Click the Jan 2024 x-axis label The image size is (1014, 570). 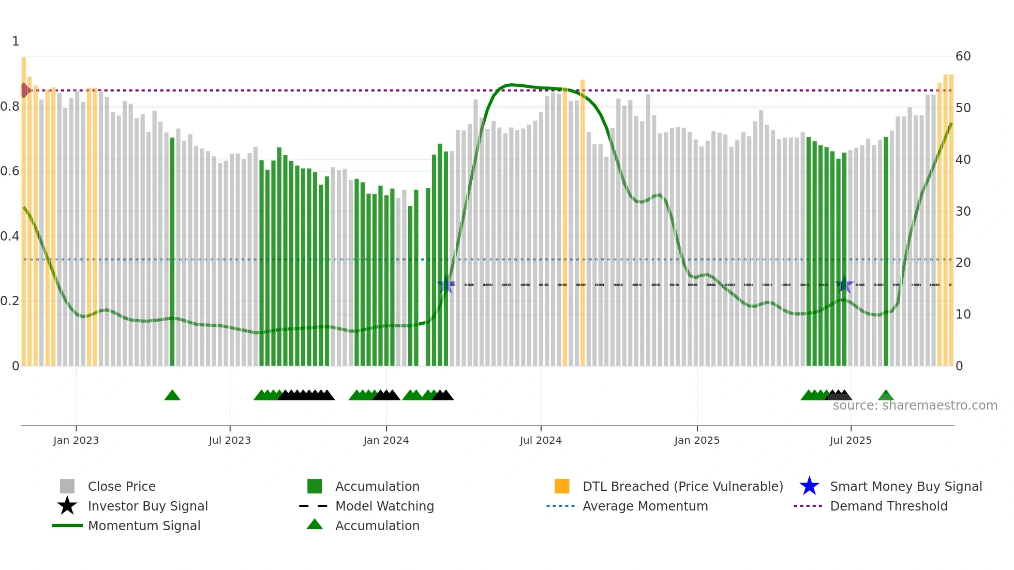click(386, 440)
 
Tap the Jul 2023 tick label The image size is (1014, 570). click(230, 440)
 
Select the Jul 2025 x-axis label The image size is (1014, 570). click(851, 440)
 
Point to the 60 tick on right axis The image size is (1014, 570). click(963, 56)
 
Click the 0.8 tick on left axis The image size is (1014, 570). click(10, 107)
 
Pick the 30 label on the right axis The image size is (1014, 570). click(963, 211)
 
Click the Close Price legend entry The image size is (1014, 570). click(122, 486)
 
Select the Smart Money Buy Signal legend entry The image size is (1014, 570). click(905, 486)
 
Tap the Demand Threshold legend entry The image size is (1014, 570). click(888, 506)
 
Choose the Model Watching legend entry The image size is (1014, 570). click(384, 506)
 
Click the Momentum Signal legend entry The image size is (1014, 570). click(144, 526)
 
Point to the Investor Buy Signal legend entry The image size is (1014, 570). click(147, 506)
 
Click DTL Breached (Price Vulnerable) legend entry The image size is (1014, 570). click(682, 486)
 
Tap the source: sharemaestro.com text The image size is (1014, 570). click(915, 405)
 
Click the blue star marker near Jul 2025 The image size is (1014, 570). click(844, 284)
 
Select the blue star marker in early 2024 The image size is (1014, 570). click(445, 284)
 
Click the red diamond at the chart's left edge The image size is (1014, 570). click(25, 91)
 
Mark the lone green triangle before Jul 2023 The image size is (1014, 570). click(172, 396)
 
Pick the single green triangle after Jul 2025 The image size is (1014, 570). click(886, 396)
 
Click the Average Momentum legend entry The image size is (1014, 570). click(645, 506)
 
